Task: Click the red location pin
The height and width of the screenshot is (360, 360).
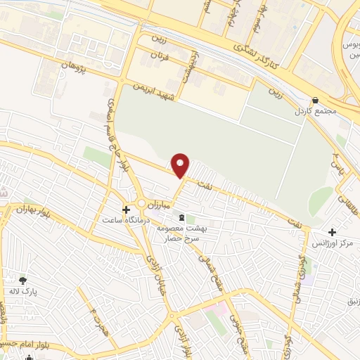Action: coord(181,165)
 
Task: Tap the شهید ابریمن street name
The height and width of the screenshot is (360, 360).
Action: coord(157,92)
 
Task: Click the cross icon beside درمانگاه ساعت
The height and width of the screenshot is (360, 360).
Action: coord(127,210)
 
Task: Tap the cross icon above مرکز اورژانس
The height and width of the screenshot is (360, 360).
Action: coord(331,232)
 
